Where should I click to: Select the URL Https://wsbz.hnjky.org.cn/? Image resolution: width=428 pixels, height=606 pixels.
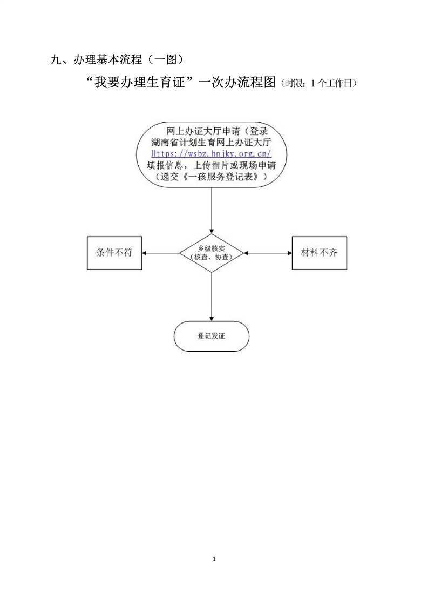211,154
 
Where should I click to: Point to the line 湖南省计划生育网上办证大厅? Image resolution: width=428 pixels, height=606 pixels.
211,143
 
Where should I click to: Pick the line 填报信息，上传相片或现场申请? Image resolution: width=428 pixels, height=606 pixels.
211,165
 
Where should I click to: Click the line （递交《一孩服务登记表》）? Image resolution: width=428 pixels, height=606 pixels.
211,177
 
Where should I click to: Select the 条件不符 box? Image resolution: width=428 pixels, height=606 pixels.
114,253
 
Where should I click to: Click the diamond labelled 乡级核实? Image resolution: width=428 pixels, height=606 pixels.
211,253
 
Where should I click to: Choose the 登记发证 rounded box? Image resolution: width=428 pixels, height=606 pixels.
211,336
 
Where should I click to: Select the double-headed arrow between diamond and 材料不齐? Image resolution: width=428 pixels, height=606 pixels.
268,253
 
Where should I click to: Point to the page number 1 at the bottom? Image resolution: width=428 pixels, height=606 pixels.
214,558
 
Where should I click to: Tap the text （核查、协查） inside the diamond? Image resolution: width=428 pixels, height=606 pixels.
212,258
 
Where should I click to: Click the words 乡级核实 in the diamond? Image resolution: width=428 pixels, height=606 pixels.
212,248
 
